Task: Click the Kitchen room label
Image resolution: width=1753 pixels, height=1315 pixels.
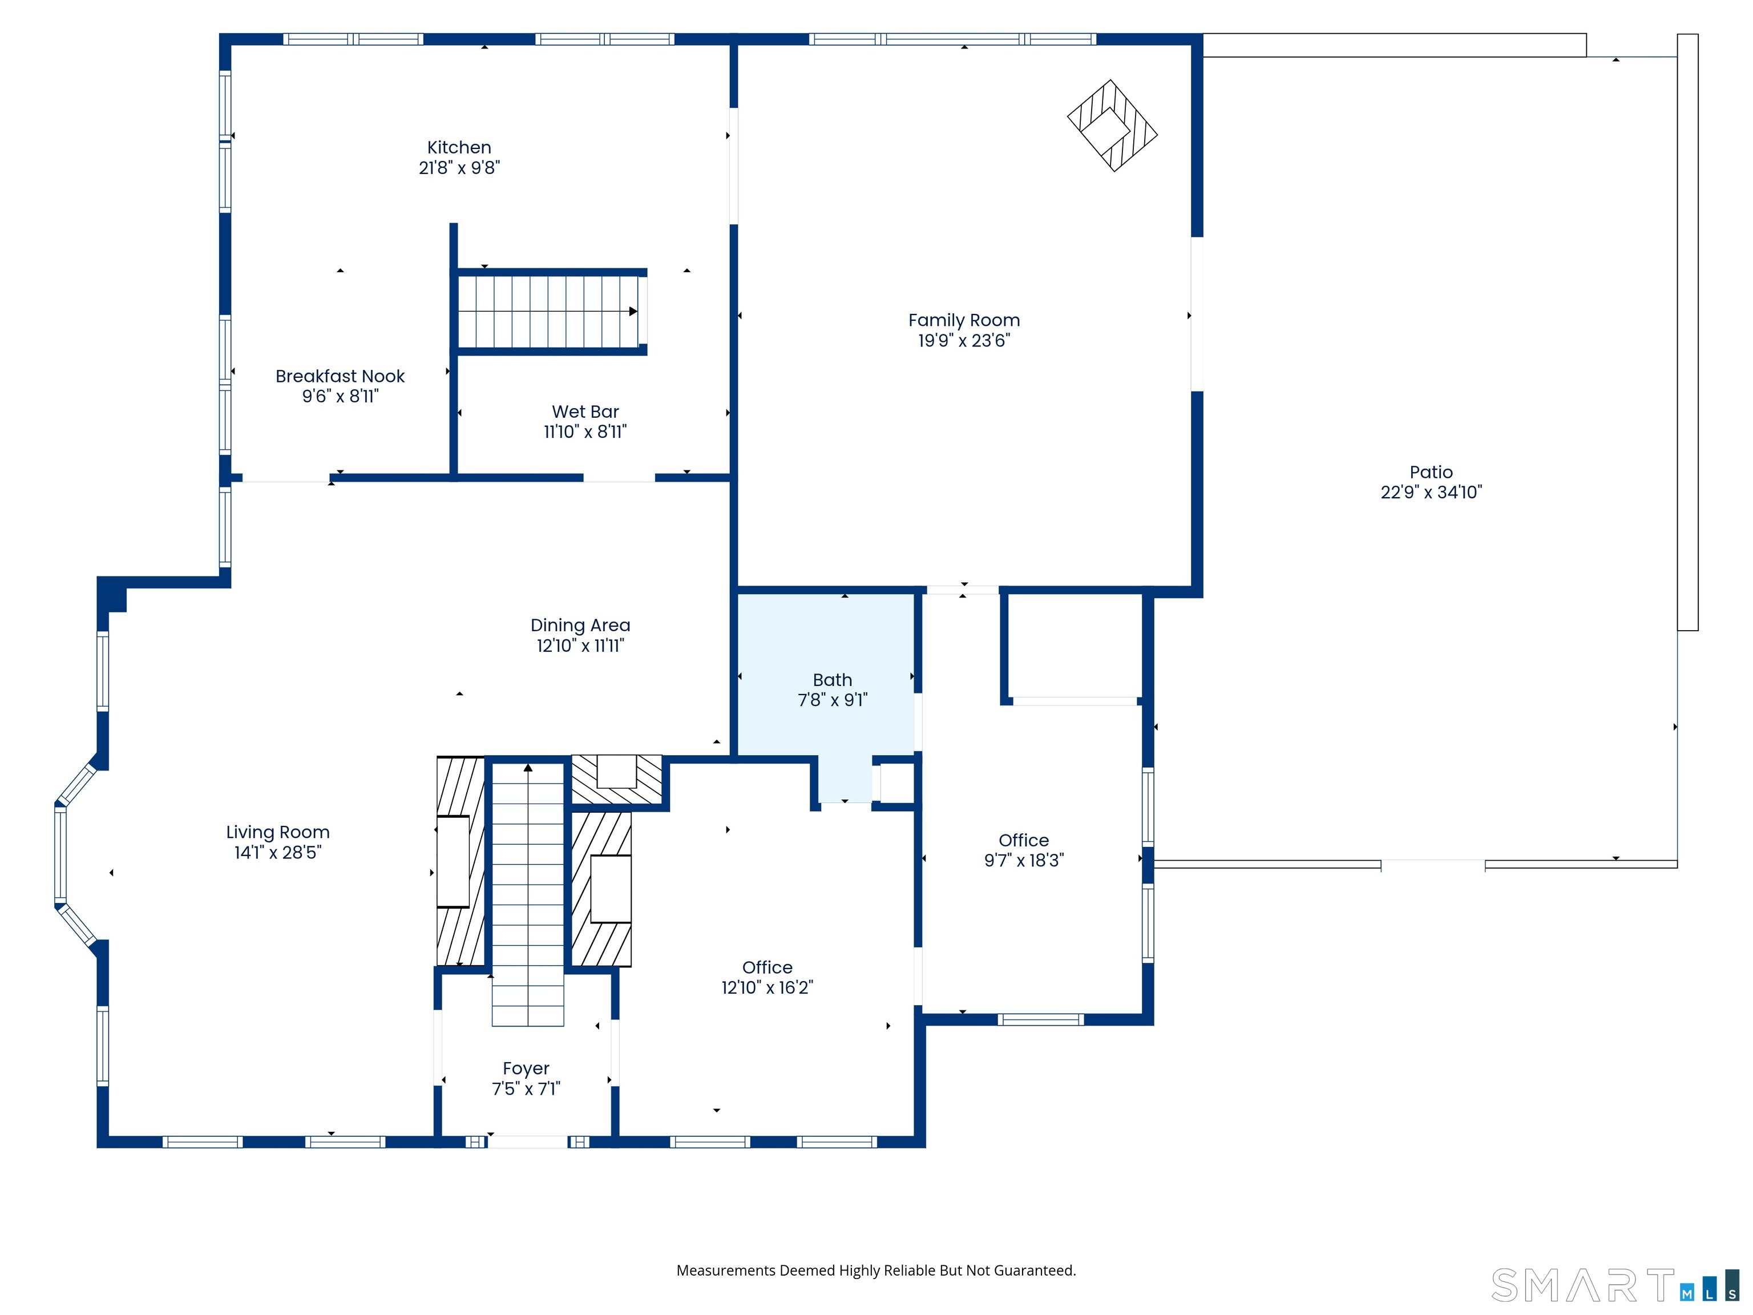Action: (459, 147)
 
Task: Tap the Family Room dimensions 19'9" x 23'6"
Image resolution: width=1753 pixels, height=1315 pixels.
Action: (964, 341)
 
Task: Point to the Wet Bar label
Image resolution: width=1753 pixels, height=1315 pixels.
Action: (585, 412)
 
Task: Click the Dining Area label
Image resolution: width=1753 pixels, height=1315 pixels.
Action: (580, 626)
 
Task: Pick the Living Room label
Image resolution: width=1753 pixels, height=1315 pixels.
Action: (277, 832)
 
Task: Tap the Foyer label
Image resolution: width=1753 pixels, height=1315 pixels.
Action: (526, 1068)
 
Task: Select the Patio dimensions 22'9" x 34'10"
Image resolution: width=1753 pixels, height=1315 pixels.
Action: (1431, 492)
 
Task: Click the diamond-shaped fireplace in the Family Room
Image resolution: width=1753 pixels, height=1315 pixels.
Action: (1112, 125)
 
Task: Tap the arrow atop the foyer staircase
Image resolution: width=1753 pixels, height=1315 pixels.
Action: (528, 767)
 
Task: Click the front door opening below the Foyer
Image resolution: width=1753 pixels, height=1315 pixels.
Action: (527, 1141)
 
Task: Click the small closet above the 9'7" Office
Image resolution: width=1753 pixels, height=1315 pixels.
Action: (1074, 646)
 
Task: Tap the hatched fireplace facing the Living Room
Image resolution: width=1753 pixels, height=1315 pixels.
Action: (459, 861)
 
